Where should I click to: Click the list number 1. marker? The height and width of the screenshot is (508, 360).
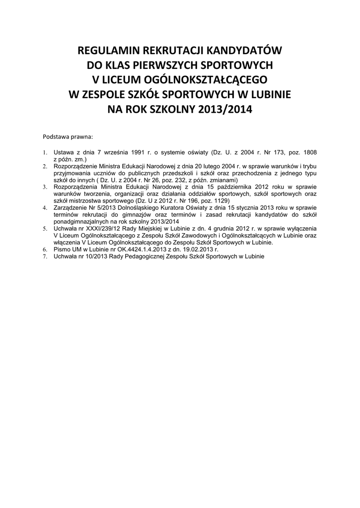tap(44, 153)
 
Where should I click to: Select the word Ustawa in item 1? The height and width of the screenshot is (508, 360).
tap(64, 153)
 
